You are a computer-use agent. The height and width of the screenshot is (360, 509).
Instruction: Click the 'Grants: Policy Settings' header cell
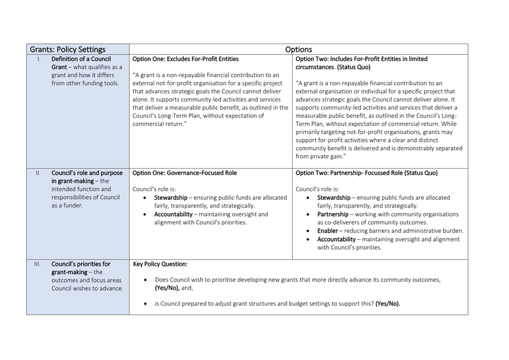[69, 50]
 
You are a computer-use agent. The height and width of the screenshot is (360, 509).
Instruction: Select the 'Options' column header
[298, 50]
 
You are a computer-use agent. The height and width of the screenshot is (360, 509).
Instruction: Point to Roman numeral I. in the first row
[39, 60]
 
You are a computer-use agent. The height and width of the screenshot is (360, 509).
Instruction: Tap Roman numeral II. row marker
[38, 173]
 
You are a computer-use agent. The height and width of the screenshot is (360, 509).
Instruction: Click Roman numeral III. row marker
[38, 264]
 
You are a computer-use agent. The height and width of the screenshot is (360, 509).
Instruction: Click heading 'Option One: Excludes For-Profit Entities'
[186, 60]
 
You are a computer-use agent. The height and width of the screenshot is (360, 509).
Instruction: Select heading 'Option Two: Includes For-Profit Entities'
[361, 60]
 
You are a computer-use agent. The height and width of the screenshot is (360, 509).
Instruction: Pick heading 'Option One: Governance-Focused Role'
[184, 173]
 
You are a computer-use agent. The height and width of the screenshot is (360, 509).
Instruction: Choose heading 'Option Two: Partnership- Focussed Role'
[366, 173]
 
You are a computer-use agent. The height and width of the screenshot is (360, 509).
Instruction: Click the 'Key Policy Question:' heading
[160, 264]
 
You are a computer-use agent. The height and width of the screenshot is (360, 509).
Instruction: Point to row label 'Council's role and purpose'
[87, 173]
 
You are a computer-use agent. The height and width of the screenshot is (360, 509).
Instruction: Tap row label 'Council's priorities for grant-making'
[81, 268]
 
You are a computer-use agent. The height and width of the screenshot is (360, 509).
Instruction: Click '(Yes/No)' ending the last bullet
[387, 304]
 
